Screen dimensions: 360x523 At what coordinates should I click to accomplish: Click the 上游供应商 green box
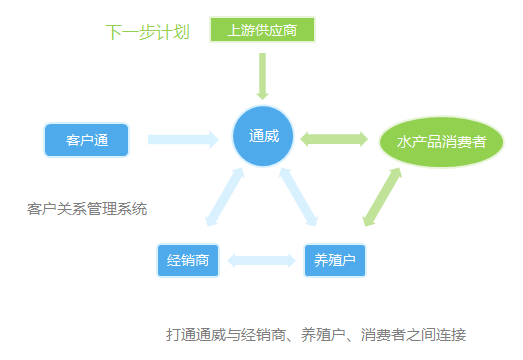point(262,30)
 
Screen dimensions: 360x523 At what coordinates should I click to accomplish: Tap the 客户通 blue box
point(87,139)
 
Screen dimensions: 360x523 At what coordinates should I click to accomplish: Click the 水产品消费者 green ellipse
point(441,142)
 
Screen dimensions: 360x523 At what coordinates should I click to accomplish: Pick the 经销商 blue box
point(188,261)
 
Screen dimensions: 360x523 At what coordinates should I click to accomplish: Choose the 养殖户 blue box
point(335,261)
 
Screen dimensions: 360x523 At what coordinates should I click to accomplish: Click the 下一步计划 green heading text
point(147,32)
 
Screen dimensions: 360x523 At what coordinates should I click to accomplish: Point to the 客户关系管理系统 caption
point(88,209)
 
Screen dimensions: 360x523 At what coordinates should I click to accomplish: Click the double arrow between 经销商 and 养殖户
point(261,261)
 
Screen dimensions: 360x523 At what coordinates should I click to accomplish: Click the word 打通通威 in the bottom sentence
point(196,334)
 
